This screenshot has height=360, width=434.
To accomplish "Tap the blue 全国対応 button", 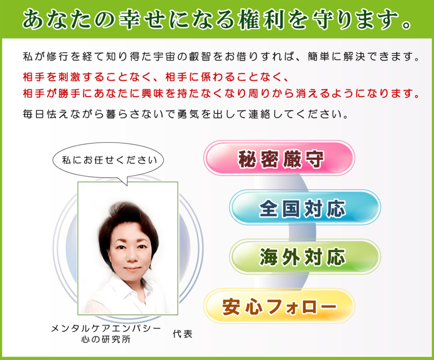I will (305, 208).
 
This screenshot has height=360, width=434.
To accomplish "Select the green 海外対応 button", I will (305, 257).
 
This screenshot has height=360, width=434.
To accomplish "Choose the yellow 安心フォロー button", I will (279, 306).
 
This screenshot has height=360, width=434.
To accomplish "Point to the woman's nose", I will (131, 256).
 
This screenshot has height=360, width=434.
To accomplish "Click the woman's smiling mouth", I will (132, 269).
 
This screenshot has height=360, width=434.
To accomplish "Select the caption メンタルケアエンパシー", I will (106, 329).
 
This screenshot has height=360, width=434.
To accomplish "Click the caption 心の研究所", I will (106, 339).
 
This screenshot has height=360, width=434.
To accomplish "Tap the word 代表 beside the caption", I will (182, 334).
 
